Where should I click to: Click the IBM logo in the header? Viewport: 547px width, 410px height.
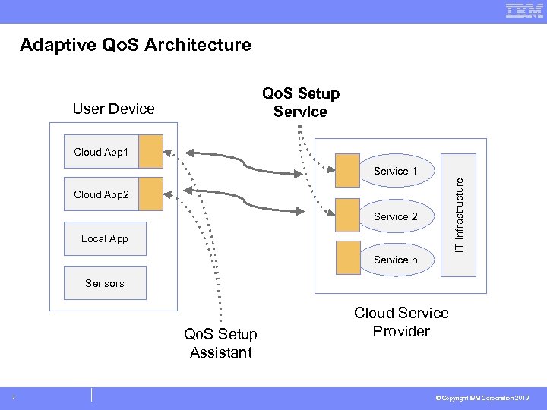pyautogui.click(x=524, y=11)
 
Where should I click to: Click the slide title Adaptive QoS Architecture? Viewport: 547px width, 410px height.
pyautogui.click(x=135, y=45)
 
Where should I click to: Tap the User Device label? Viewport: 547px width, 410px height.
pyautogui.click(x=113, y=109)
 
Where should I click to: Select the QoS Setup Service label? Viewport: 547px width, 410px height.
pyautogui.click(x=301, y=102)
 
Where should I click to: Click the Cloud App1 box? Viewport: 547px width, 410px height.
pyautogui.click(x=102, y=152)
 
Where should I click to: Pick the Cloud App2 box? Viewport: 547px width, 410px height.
pyautogui.click(x=102, y=195)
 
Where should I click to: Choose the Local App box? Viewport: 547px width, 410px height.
pyautogui.click(x=104, y=238)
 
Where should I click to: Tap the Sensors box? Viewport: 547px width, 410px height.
pyautogui.click(x=104, y=282)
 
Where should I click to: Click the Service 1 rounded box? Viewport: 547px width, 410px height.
pyautogui.click(x=396, y=171)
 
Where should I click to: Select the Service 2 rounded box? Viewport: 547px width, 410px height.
pyautogui.click(x=396, y=216)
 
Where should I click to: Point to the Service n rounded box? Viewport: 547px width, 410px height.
pyautogui.click(x=396, y=260)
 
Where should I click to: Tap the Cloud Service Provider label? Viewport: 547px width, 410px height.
pyautogui.click(x=401, y=322)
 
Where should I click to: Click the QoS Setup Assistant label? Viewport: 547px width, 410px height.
pyautogui.click(x=220, y=343)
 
